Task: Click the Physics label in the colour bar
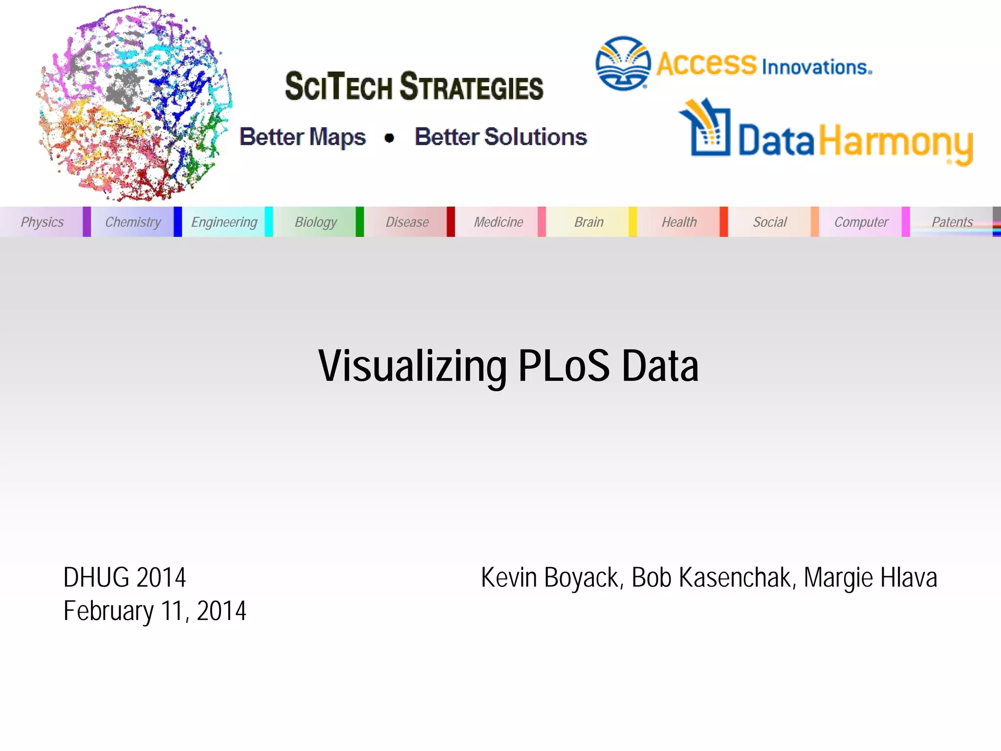(42, 222)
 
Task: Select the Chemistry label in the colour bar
(133, 222)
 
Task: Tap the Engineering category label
(224, 222)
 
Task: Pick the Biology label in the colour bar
(316, 222)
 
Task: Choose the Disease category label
(407, 222)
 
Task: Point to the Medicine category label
(499, 222)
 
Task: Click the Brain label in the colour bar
(589, 222)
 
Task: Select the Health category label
(679, 222)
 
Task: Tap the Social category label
(770, 222)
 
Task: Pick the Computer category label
(861, 222)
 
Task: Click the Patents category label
(952, 222)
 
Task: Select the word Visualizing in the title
(413, 367)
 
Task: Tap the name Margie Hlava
(870, 578)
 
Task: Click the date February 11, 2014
(155, 611)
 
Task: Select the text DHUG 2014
(125, 577)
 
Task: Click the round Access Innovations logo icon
(623, 64)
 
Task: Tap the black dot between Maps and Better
(389, 138)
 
